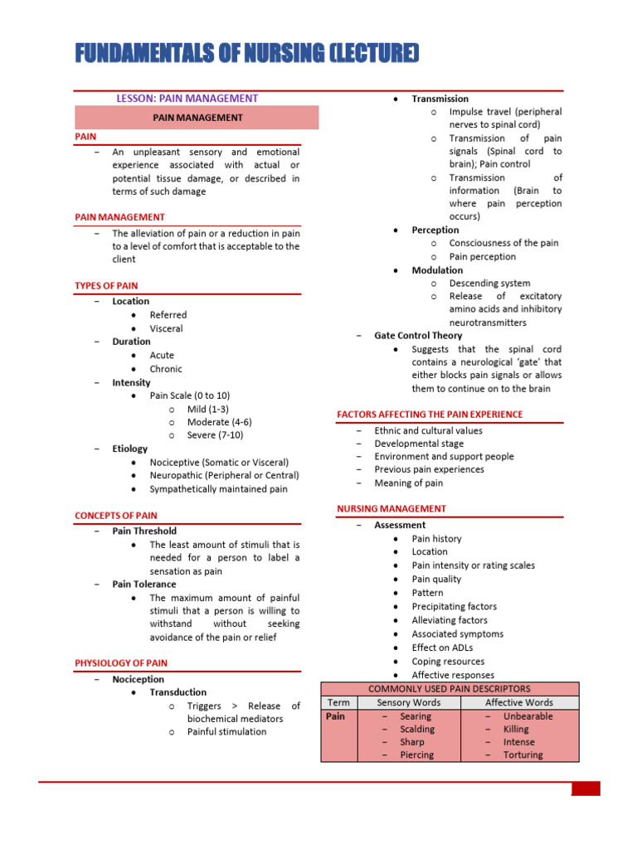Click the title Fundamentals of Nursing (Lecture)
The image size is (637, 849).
tap(235, 55)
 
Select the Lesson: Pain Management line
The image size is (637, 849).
tap(187, 98)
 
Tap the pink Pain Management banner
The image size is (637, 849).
tap(197, 118)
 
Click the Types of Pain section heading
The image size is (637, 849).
tap(106, 286)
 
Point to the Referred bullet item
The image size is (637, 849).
tap(168, 315)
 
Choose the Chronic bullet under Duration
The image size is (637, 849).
tap(166, 369)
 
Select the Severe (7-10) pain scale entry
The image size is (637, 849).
tap(215, 435)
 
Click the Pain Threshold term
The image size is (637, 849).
tap(144, 531)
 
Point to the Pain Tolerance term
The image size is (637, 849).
tap(144, 585)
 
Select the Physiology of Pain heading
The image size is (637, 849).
tap(121, 663)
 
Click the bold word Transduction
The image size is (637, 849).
tap(178, 692)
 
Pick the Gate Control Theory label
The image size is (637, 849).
tap(418, 336)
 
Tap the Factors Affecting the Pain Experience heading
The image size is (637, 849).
tap(430, 415)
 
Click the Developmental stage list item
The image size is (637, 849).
tap(419, 444)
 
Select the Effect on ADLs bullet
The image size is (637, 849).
tap(443, 648)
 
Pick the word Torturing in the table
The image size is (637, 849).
tap(523, 755)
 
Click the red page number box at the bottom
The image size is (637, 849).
tap(586, 788)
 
